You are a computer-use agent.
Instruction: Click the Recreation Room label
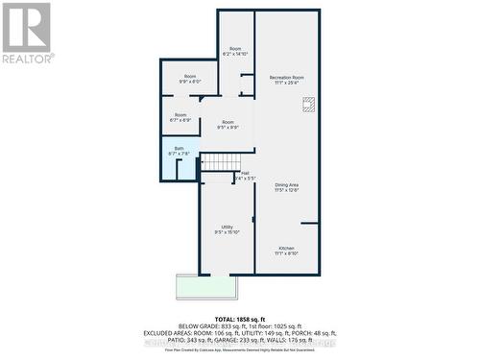(286, 77)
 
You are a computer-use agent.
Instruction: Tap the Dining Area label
(286, 184)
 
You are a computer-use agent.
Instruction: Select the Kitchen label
(286, 248)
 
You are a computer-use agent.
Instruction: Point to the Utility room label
(228, 227)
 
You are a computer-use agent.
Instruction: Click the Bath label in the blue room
(179, 148)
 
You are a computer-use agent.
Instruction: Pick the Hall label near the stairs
(246, 173)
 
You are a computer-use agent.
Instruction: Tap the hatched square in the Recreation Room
(308, 108)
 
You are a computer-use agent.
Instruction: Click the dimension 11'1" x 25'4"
(286, 83)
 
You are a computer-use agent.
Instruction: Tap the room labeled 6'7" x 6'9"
(180, 117)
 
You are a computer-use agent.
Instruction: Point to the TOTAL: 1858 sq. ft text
(239, 318)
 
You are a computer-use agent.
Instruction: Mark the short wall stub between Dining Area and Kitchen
(309, 224)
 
